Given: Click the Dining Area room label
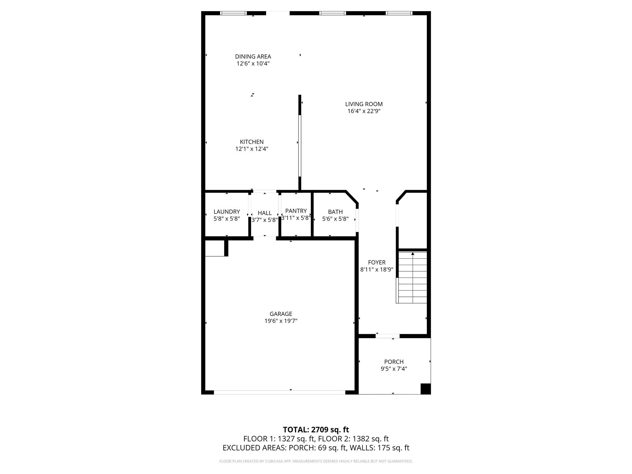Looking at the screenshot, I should coord(253,56).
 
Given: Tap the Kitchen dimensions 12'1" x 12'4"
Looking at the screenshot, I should coord(252,149).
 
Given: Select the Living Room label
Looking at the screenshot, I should coord(364,104).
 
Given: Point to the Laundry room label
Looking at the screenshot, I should coord(227,212).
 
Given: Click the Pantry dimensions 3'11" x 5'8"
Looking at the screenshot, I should coord(296,218).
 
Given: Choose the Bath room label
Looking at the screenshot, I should coord(335,212).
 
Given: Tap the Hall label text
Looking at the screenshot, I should coord(264,213).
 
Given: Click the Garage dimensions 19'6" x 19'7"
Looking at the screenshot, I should coord(281,321).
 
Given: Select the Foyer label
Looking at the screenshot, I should coord(376,262).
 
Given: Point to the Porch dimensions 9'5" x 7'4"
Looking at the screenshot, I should coord(394,368).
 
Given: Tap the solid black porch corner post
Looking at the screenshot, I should coord(426,389).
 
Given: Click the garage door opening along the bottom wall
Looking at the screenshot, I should coord(279,392).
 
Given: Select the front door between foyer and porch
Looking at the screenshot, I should coord(388,336).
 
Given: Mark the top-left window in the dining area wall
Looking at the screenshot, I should coord(233,13).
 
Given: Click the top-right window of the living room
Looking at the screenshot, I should coord(399,13).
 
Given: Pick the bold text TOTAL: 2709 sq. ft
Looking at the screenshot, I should coord(316,430).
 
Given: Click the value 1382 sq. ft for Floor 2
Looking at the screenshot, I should coord(370,439).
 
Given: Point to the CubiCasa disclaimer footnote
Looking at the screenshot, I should coord(316,461).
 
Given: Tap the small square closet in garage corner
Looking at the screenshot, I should coord(215,248).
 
